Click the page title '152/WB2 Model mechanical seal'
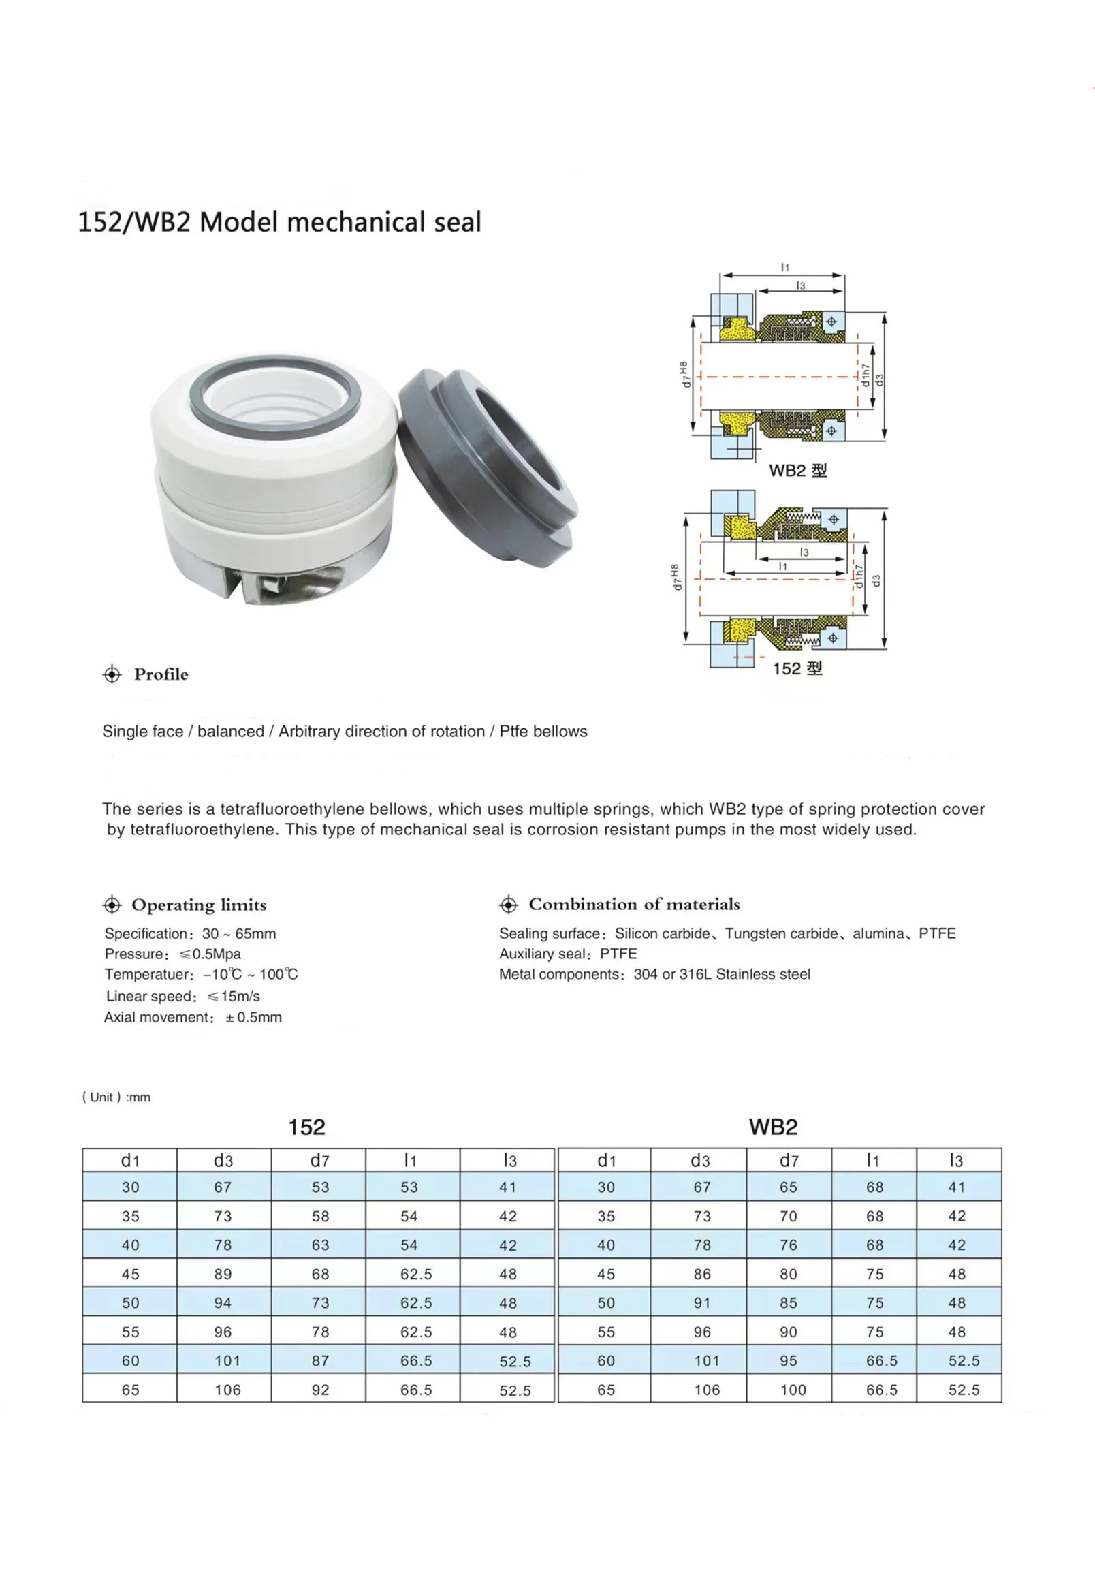(279, 222)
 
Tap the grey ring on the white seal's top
(274, 364)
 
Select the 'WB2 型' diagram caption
(797, 471)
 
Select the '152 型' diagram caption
(797, 668)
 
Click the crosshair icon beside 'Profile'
(111, 674)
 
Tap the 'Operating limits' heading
(198, 905)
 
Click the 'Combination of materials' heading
(634, 905)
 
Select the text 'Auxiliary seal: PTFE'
(567, 954)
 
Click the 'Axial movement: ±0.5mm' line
(193, 1018)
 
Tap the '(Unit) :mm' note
(116, 1097)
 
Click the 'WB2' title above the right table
(772, 1127)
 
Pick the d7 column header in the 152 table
(320, 1160)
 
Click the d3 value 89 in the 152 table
(223, 1275)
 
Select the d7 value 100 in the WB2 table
(793, 1390)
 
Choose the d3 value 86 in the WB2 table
(702, 1275)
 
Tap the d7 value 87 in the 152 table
(320, 1361)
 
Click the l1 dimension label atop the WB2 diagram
(785, 267)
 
